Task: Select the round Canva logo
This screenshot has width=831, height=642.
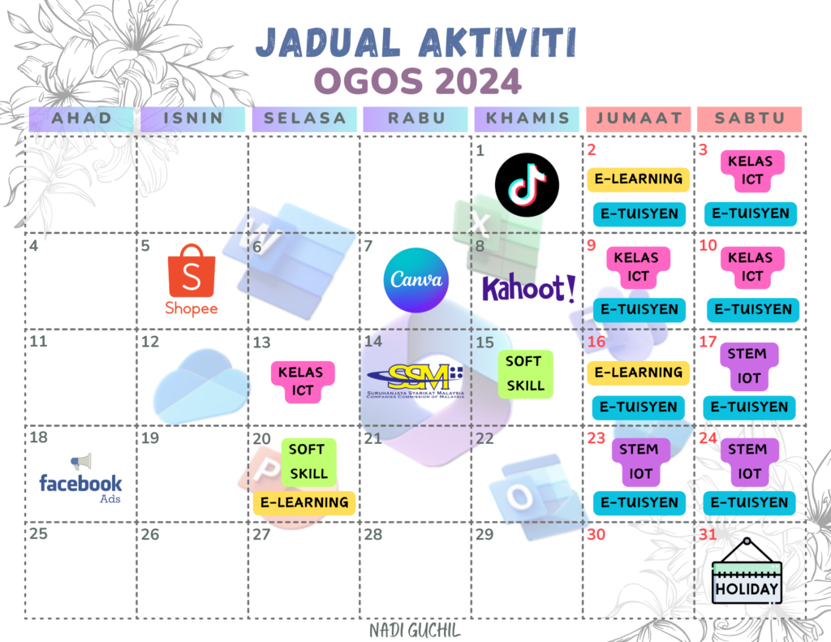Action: [x=415, y=281]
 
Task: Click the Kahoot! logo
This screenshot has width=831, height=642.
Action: [x=529, y=288]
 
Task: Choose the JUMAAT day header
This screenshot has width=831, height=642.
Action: [x=638, y=118]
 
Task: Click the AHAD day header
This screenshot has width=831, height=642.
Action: [x=82, y=118]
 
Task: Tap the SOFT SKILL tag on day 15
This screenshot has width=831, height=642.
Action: [x=525, y=373]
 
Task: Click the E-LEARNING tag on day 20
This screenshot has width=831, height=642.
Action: [x=304, y=502]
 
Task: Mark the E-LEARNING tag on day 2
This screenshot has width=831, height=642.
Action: [x=638, y=179]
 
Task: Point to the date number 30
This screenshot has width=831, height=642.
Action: [x=596, y=535]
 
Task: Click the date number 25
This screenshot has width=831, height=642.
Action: [x=39, y=535]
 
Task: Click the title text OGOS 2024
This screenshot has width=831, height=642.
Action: [x=415, y=81]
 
